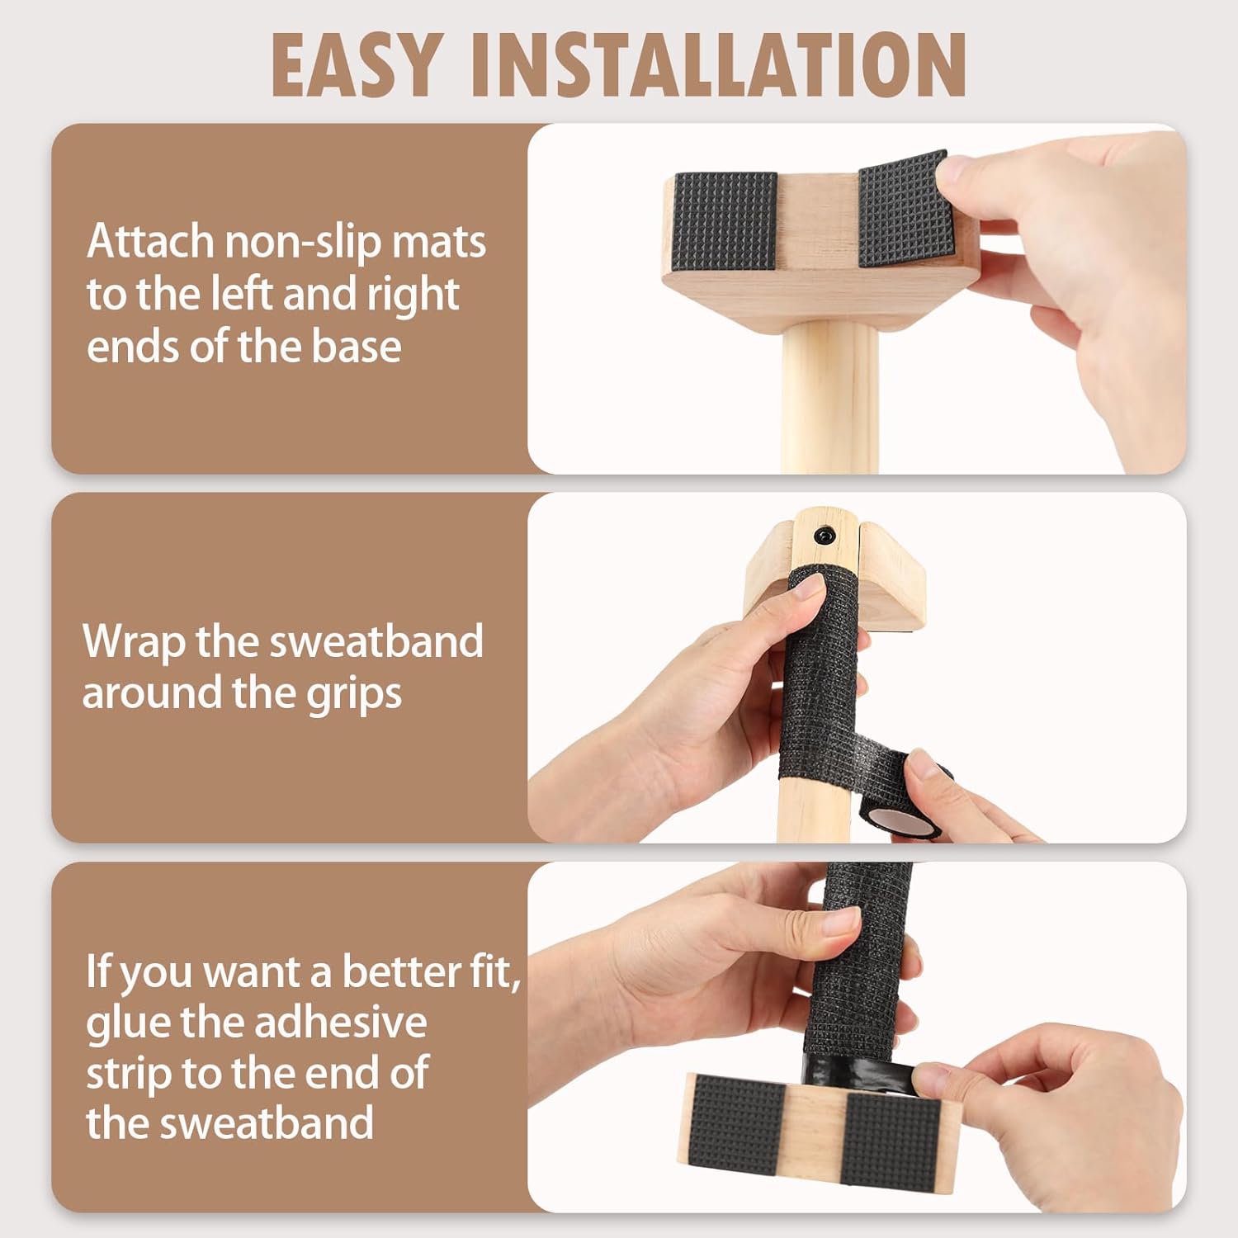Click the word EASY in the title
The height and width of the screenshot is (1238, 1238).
pos(355,66)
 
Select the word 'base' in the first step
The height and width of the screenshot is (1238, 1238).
pos(357,346)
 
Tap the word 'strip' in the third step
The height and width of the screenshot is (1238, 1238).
pos(129,1074)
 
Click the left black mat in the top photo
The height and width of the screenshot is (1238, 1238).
pos(726,220)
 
